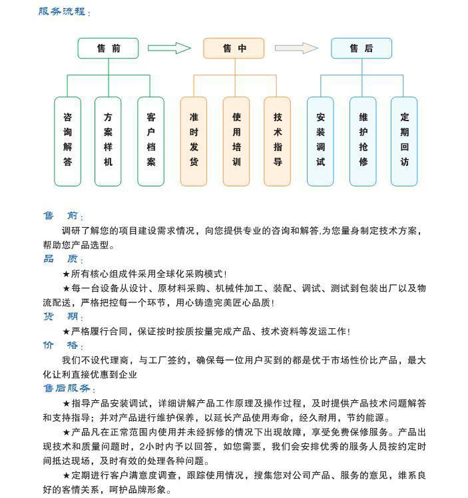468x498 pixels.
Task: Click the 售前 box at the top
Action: (108, 48)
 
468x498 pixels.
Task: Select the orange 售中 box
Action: (234, 48)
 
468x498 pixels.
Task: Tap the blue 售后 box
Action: (361, 48)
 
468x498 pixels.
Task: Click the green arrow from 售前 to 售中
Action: (169, 48)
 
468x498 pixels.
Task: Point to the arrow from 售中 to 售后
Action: (296, 48)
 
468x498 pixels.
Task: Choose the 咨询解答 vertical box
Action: (67, 140)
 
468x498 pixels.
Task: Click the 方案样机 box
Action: (108, 140)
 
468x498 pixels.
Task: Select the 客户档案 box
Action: (151, 140)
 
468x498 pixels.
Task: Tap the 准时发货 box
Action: (194, 140)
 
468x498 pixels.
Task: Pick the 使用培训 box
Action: (236, 140)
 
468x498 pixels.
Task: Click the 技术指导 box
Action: (278, 140)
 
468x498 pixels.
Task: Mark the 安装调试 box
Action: (320, 140)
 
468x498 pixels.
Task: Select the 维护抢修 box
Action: (363, 140)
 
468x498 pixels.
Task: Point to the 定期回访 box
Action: (404, 140)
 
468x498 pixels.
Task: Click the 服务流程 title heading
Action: (62, 11)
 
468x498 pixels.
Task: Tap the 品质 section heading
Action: (61, 259)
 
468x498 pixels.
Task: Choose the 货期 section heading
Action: (61, 317)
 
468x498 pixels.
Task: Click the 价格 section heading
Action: (61, 346)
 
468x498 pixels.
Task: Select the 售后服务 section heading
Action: (67, 388)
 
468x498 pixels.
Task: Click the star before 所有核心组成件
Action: (66, 274)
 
